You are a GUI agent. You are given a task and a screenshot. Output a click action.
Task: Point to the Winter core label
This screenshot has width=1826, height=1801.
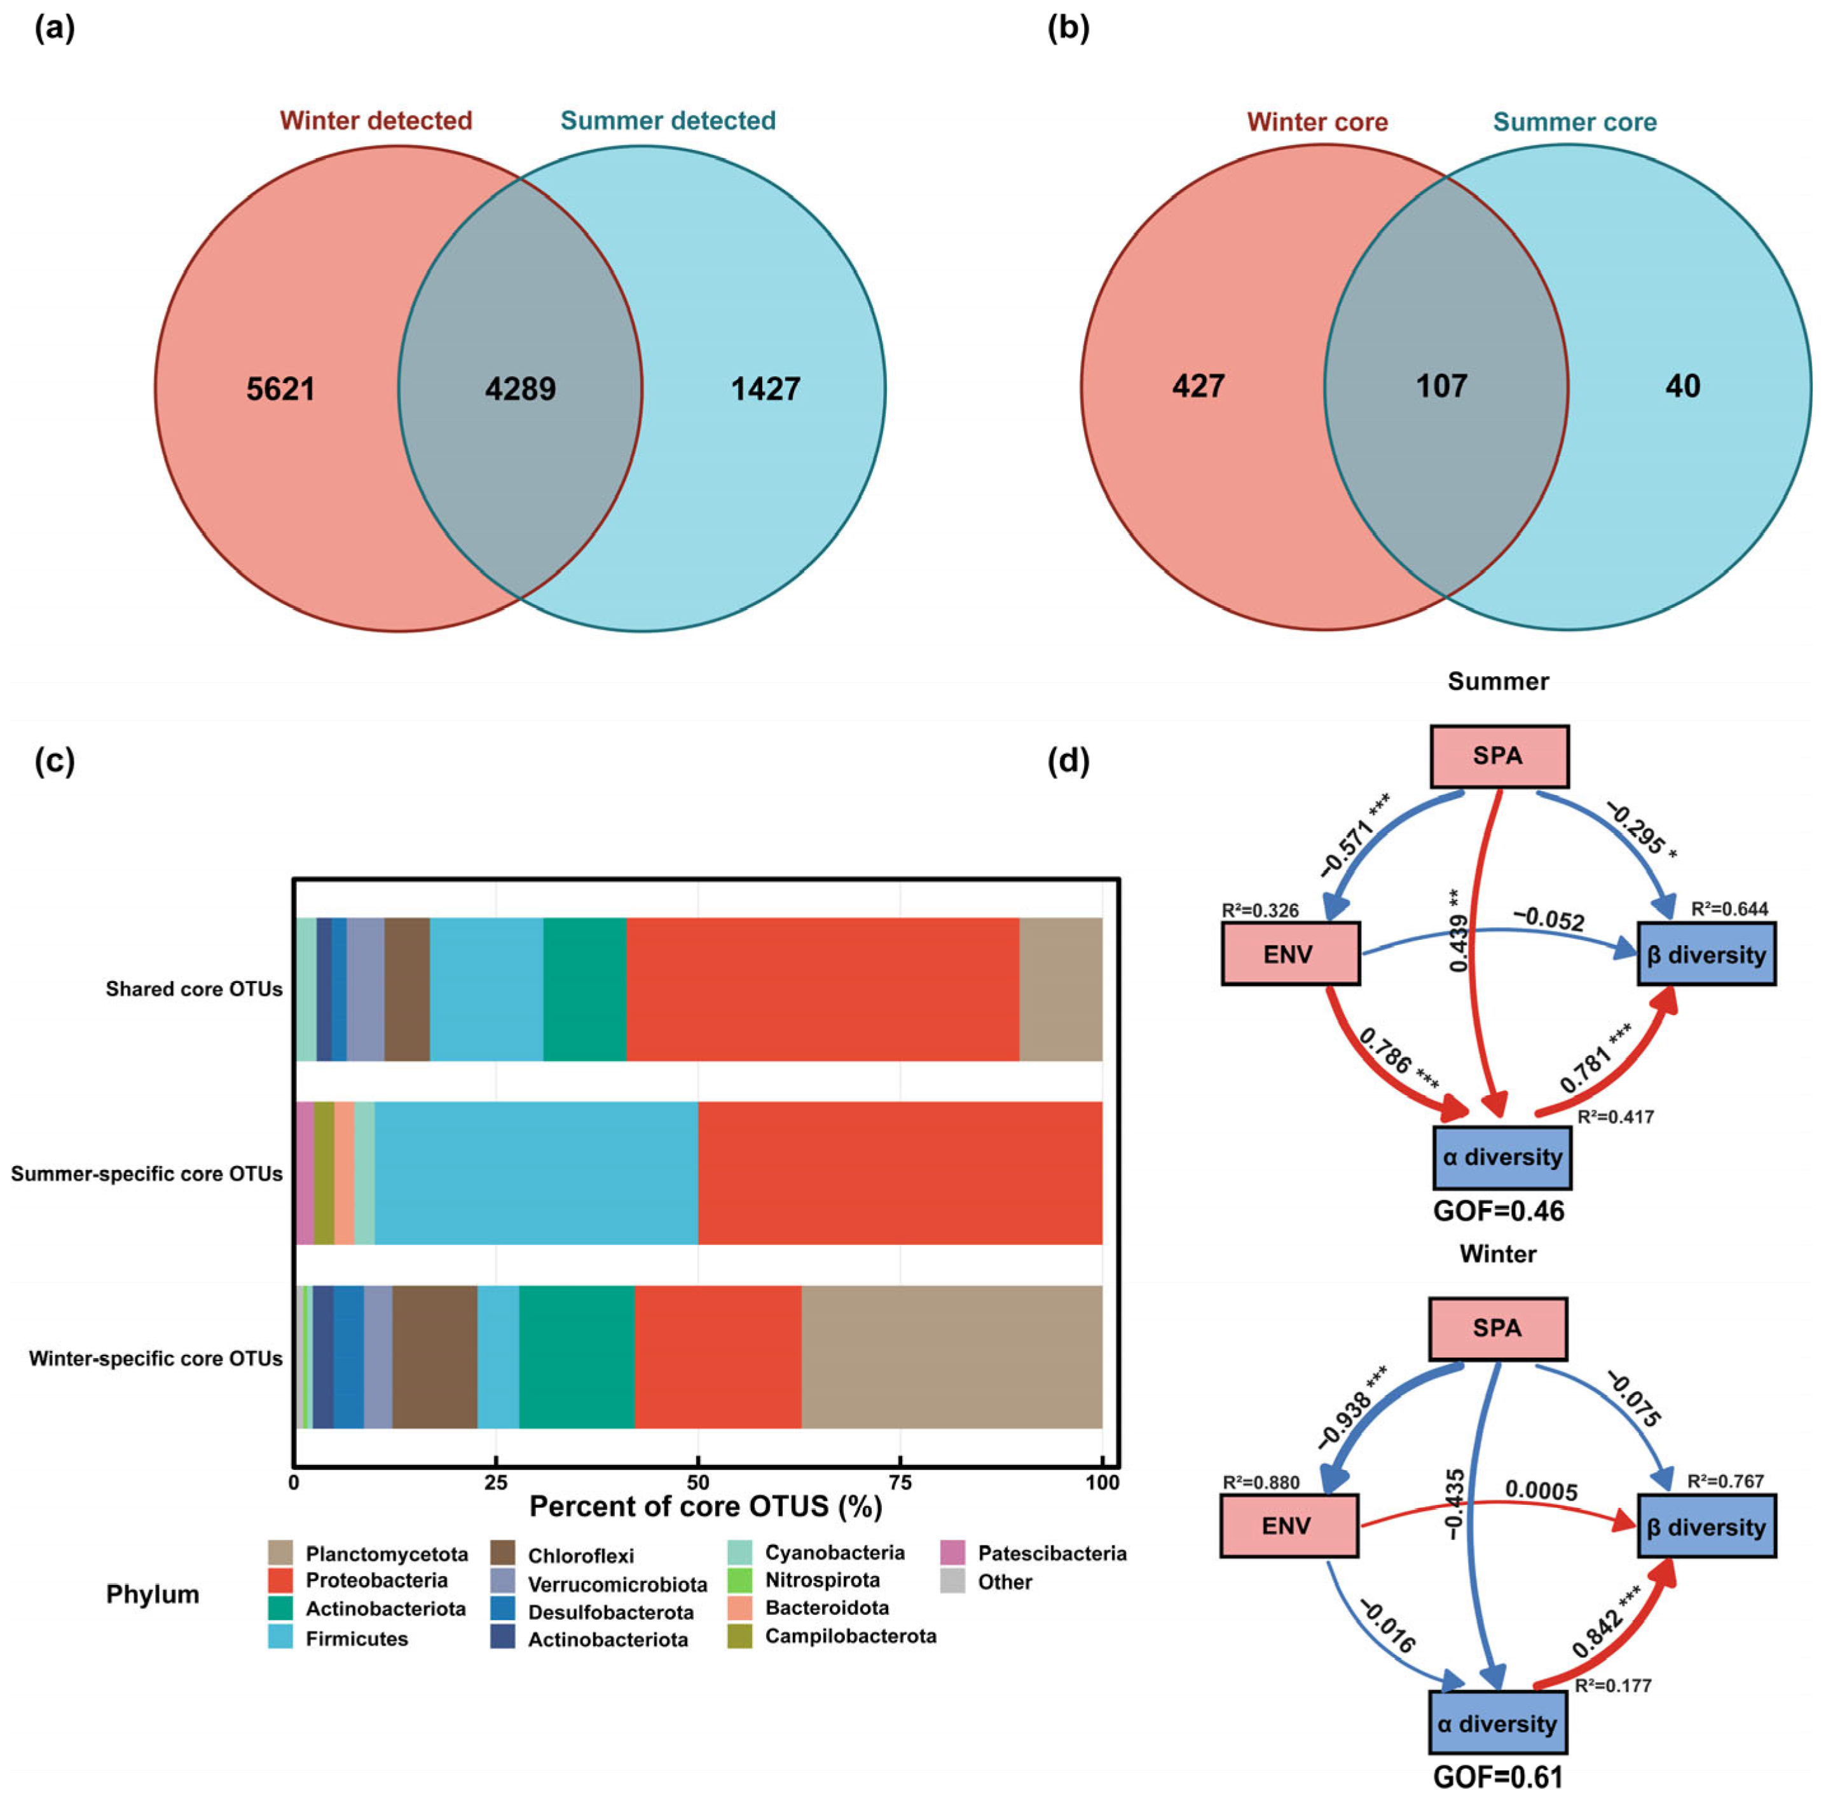point(1317,122)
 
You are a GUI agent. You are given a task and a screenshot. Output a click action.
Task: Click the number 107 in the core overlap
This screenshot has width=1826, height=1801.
point(1441,386)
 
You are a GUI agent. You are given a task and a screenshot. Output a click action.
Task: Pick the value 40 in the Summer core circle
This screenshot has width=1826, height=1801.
point(1682,386)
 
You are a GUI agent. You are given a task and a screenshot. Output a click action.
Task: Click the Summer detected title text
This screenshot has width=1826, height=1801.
point(667,121)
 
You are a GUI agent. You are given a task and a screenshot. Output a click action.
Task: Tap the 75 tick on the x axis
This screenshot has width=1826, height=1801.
point(900,1483)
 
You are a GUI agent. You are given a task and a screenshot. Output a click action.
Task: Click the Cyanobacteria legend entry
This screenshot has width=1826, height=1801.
point(834,1553)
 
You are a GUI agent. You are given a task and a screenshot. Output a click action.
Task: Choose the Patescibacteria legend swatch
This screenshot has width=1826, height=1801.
point(952,1553)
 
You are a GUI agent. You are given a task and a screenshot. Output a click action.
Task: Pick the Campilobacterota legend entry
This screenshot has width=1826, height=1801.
point(849,1636)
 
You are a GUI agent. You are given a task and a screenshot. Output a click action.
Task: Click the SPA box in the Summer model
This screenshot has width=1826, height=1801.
point(1498,756)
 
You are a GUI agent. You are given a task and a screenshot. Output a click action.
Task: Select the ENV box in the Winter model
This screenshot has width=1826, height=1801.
point(1288,1526)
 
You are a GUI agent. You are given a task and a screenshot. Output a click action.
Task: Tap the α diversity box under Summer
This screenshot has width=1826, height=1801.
point(1502,1157)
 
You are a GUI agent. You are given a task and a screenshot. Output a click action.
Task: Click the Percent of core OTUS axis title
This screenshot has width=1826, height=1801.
point(705,1506)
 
